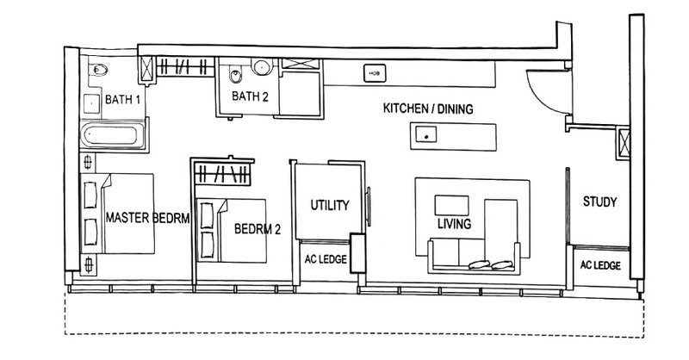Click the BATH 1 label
[x=122, y=99]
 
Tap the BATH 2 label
[x=250, y=96]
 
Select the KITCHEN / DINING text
[x=428, y=109]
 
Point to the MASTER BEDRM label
[x=147, y=218]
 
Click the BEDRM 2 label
[x=257, y=228]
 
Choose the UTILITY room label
[x=330, y=205]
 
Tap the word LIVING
[x=455, y=224]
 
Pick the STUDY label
[x=599, y=202]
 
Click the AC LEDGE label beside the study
[x=600, y=265]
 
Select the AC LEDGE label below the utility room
[x=326, y=259]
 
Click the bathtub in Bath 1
[x=113, y=135]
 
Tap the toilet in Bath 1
[x=98, y=70]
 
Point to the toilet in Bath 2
[x=235, y=76]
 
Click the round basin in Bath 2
[x=262, y=67]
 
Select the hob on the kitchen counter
[x=375, y=73]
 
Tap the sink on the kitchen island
[x=425, y=134]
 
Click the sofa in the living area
[x=474, y=257]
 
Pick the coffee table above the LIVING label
[x=451, y=206]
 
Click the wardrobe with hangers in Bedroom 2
[x=222, y=174]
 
